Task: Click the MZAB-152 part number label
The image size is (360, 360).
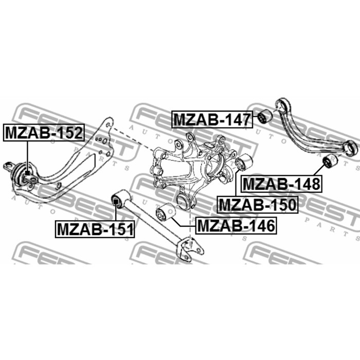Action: tap(44, 133)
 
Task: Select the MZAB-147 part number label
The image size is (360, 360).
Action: tap(211, 119)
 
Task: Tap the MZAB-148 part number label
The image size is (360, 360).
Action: tap(281, 183)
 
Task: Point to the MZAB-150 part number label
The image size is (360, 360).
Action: tap(258, 204)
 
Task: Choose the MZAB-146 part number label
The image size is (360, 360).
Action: tap(236, 225)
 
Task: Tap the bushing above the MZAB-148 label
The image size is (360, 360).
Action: tap(328, 164)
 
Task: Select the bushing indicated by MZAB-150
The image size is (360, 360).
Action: tap(244, 164)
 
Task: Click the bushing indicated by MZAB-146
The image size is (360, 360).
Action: tap(166, 211)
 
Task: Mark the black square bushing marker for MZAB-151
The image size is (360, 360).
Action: tap(116, 201)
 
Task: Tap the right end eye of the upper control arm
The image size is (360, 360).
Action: tap(352, 147)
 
